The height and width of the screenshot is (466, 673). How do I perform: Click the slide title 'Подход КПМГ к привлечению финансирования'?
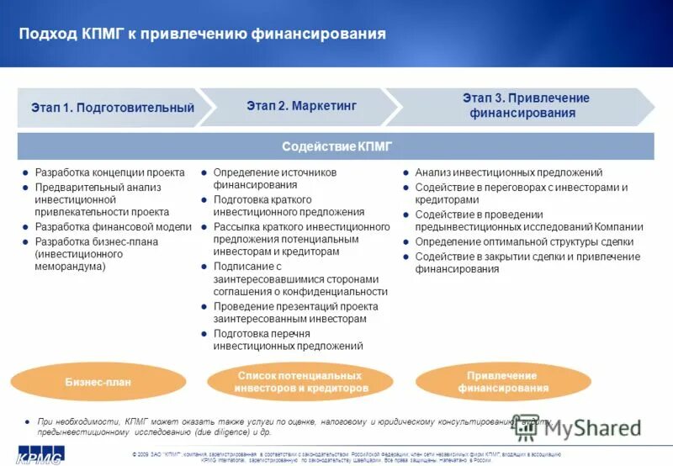(202, 34)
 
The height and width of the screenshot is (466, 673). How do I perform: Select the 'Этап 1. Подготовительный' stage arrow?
(112, 108)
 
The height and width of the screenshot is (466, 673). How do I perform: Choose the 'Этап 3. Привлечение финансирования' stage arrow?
(525, 106)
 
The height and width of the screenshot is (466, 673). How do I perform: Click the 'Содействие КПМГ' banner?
(336, 146)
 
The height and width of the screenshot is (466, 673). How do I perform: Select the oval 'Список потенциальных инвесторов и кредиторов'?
(302, 382)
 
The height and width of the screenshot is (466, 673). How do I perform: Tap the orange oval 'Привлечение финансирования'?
(503, 382)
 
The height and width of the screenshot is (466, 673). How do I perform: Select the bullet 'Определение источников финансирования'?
(274, 178)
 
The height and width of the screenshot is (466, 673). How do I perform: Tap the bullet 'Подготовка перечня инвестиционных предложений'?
(288, 340)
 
